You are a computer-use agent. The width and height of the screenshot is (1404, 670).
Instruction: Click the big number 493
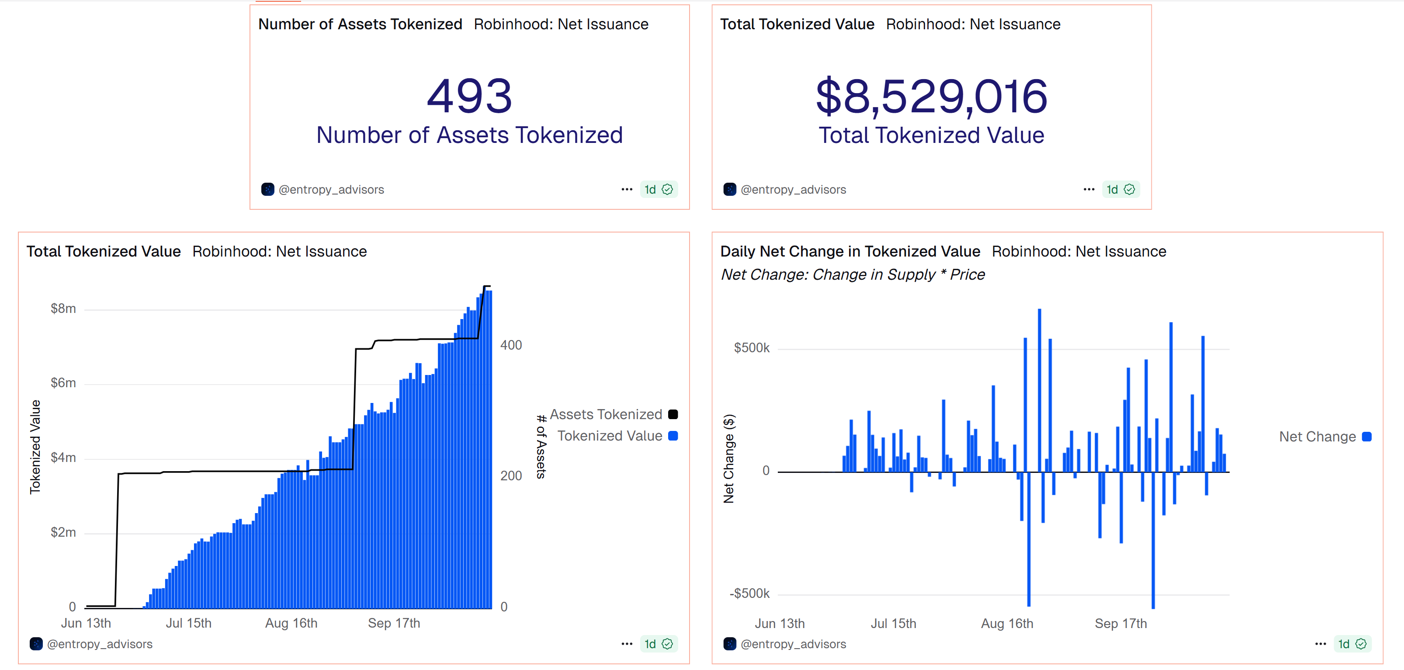tap(469, 96)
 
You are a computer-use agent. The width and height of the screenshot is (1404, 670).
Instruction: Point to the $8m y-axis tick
tap(63, 309)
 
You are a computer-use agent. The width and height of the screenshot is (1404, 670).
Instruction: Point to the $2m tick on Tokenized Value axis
tap(63, 532)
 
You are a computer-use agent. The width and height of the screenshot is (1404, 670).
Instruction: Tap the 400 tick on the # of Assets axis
tap(511, 345)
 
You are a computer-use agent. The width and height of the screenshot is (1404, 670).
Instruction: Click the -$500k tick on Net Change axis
tap(749, 593)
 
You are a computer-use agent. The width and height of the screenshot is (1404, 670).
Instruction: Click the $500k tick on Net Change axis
tap(752, 348)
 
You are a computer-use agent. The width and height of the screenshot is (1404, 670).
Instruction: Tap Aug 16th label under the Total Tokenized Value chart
tap(291, 623)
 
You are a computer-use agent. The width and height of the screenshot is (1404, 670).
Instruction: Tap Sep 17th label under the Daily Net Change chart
tap(1120, 624)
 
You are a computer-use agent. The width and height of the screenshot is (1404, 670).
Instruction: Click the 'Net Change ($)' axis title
tap(729, 458)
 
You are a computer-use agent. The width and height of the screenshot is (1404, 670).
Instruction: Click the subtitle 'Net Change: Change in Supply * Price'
tap(853, 274)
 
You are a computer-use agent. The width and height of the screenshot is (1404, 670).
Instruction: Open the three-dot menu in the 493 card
tap(627, 189)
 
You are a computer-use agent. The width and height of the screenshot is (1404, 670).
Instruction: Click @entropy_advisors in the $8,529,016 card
tap(793, 189)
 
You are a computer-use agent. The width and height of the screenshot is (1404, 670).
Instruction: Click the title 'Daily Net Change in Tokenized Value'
tap(850, 251)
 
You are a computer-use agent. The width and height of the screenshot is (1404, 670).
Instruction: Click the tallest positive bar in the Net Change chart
tap(1040, 390)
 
